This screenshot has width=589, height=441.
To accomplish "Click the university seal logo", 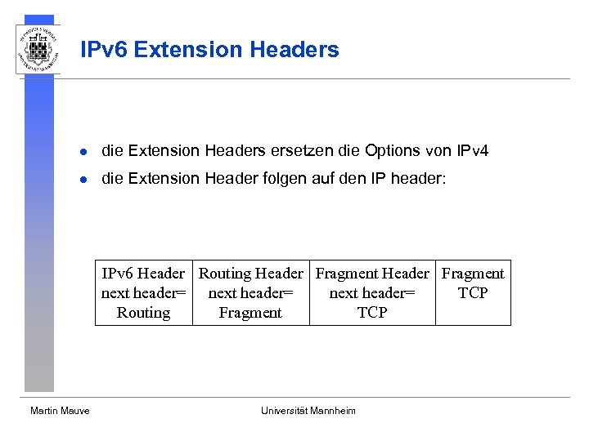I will click(x=38, y=49).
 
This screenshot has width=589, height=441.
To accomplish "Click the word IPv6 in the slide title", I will click(x=104, y=50).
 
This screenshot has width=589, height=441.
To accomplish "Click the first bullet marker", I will click(x=83, y=151).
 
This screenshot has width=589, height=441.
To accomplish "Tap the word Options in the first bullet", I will click(x=393, y=150).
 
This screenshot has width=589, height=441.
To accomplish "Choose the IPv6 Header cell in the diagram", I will click(x=144, y=292).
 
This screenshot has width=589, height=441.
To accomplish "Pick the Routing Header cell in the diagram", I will click(x=250, y=292).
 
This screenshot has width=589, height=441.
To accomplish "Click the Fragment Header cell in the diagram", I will click(x=372, y=292).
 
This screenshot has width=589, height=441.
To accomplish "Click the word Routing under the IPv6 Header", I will click(x=143, y=313).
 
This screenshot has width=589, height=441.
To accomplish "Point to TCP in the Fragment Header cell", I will click(x=372, y=313).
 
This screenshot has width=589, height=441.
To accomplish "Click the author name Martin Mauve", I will click(x=60, y=411).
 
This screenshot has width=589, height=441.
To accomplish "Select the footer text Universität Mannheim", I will click(x=308, y=411).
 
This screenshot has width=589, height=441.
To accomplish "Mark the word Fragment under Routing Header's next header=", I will click(x=250, y=313).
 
